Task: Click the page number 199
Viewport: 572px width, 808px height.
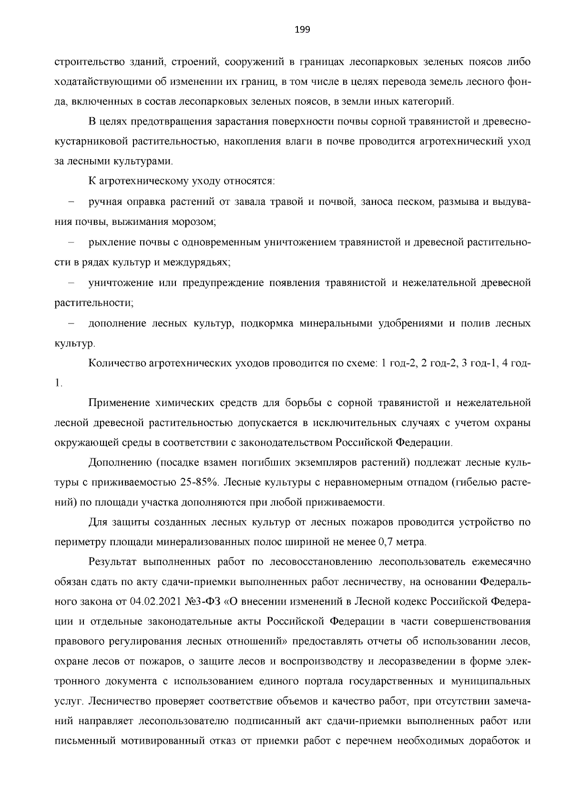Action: coord(302,30)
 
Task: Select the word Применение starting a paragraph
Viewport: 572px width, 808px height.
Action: coord(119,403)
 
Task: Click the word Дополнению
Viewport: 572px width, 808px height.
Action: coord(120,463)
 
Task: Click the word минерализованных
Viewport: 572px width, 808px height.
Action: coord(205,542)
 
